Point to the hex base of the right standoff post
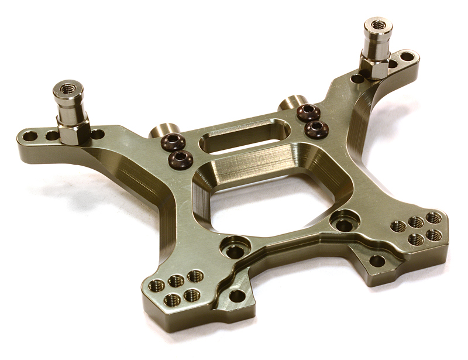(374, 66)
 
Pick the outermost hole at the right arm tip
(408, 57)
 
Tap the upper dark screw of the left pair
(173, 140)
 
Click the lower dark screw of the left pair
(179, 158)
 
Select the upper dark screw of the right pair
(305, 112)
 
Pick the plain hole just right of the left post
(98, 134)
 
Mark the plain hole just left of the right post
(356, 78)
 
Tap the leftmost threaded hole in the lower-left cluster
(157, 286)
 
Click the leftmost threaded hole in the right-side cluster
(398, 227)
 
